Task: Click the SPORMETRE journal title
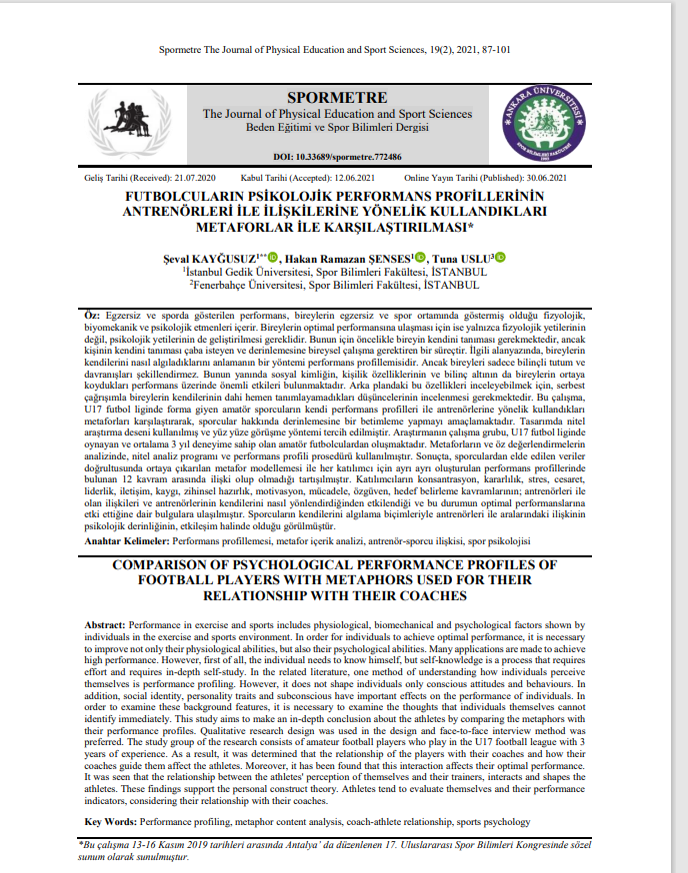point(337,98)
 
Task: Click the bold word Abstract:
point(104,624)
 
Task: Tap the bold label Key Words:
point(111,821)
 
